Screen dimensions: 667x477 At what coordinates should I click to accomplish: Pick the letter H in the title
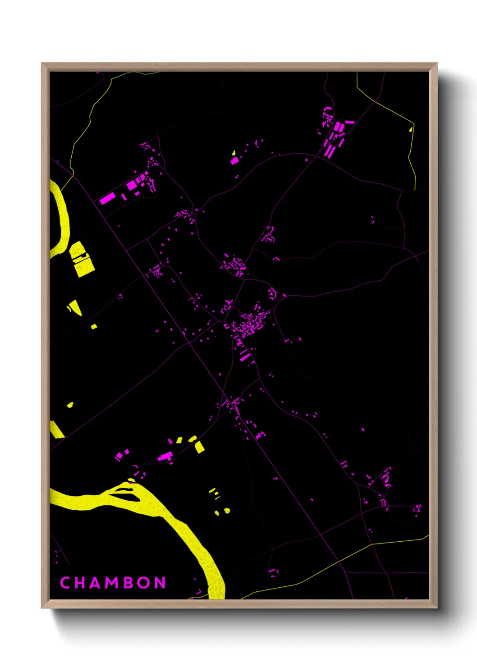(x=79, y=583)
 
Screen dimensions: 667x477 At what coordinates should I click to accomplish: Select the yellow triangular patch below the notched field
(x=76, y=307)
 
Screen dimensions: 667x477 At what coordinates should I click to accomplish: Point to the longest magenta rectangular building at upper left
(x=107, y=198)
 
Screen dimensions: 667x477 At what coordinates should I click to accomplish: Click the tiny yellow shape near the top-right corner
(x=410, y=129)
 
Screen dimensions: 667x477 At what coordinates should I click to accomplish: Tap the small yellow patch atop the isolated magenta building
(x=234, y=153)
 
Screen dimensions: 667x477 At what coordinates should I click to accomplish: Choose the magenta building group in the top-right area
(x=335, y=133)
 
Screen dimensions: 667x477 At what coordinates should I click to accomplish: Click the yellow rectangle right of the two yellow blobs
(x=199, y=447)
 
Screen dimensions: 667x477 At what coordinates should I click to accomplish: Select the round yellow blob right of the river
(x=227, y=510)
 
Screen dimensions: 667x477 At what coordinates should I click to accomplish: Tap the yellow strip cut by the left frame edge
(x=56, y=429)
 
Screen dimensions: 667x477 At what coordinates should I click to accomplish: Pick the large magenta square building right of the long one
(x=131, y=185)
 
